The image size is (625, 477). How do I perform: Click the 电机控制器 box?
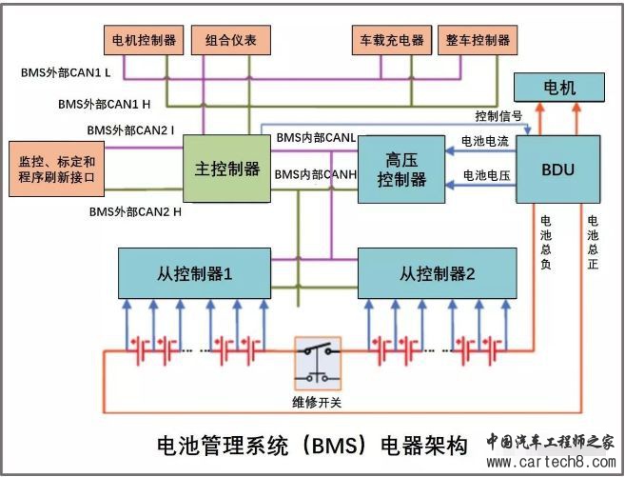pyautogui.click(x=144, y=40)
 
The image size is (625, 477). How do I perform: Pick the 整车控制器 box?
pyautogui.click(x=478, y=40)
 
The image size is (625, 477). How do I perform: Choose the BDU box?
pyautogui.click(x=558, y=169)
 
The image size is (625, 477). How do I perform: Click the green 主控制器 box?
pyautogui.click(x=227, y=169)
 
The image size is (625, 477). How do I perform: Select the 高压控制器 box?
pyautogui.click(x=401, y=169)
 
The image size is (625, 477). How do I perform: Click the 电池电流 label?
pyautogui.click(x=484, y=141)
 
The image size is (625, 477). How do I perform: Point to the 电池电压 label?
pyautogui.click(x=484, y=176)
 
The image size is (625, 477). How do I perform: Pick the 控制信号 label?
pyautogui.click(x=498, y=116)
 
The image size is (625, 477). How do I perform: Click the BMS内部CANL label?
pyautogui.click(x=316, y=139)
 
